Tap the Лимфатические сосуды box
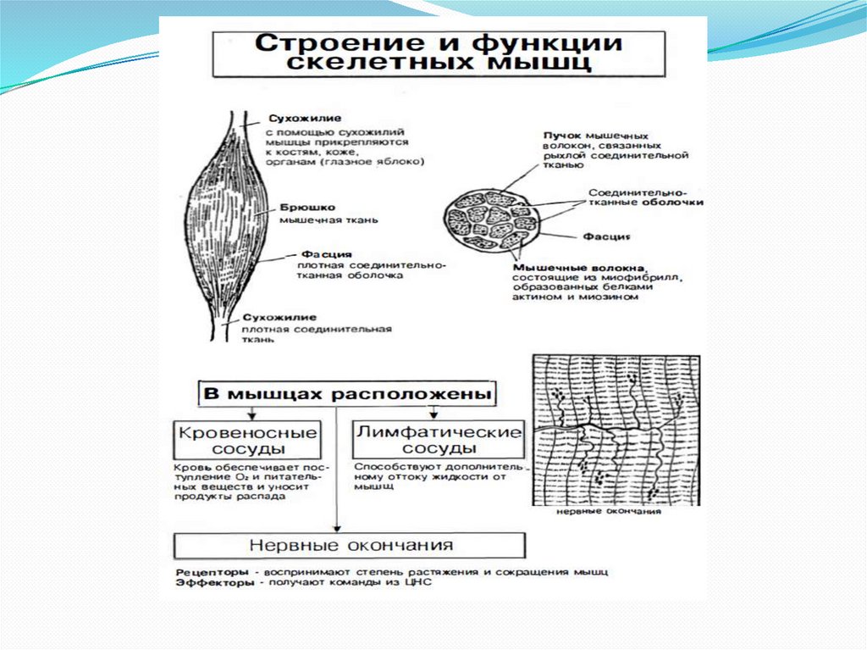tap(439, 439)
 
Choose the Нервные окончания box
tap(350, 545)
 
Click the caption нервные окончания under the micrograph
tap(610, 512)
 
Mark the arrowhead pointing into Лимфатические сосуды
tap(433, 414)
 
